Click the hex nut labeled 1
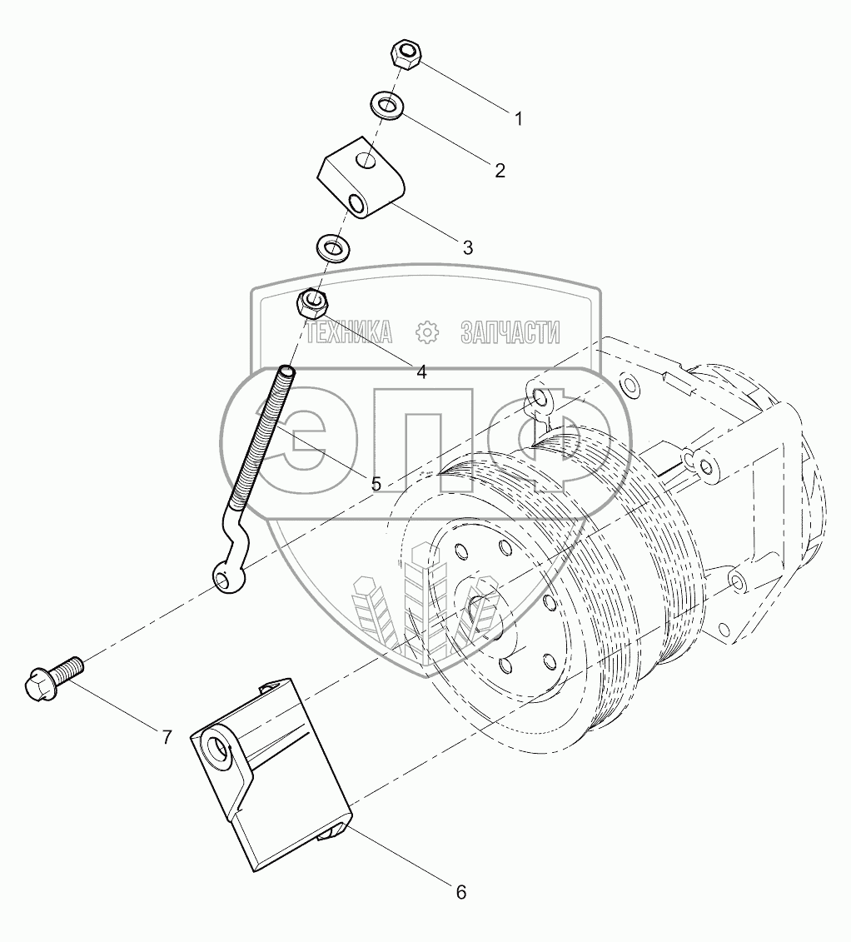(406, 57)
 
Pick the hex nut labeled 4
(313, 302)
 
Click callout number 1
(518, 119)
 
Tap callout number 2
(500, 171)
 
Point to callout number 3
(467, 247)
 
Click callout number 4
(421, 372)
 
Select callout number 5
(376, 483)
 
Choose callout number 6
(460, 893)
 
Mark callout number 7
(167, 737)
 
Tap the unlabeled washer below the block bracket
(332, 247)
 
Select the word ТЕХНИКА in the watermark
(350, 333)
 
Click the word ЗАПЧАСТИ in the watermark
(510, 333)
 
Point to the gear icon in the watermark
(427, 332)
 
